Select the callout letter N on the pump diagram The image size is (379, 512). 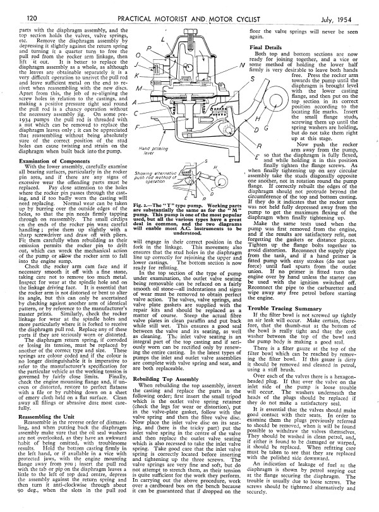click(x=243, y=63)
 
